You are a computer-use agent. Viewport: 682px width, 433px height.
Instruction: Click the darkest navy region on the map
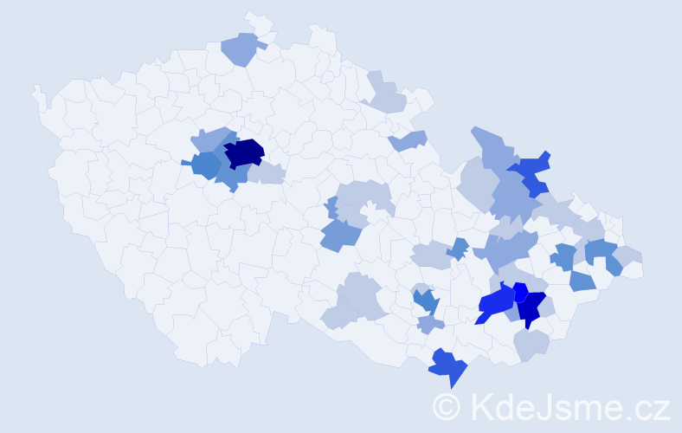244,152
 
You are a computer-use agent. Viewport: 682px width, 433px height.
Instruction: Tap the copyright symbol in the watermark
447,405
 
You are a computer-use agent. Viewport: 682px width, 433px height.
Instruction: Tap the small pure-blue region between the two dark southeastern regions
521,291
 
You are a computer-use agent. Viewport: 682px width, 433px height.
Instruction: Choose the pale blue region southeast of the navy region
267,173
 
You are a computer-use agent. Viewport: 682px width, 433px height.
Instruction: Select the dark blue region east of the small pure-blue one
531,307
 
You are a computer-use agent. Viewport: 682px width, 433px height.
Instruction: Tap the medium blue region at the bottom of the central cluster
339,235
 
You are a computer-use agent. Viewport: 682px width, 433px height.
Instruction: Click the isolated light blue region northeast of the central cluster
409,139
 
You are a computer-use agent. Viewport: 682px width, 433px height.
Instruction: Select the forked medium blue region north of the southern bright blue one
425,301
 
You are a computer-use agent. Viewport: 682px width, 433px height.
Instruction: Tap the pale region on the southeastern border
531,345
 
